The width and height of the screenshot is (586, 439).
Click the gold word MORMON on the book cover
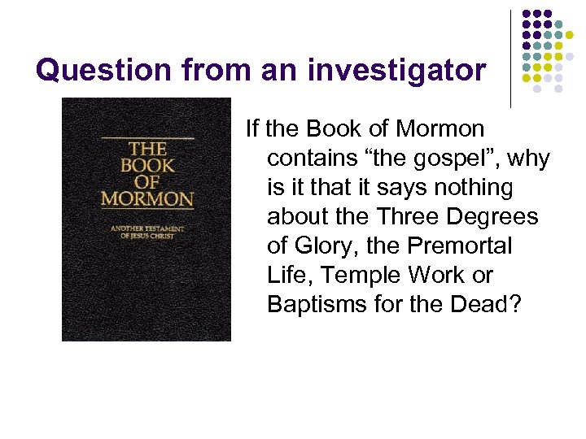coord(147,198)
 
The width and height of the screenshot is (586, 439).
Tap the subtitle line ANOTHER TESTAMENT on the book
coord(147,228)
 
